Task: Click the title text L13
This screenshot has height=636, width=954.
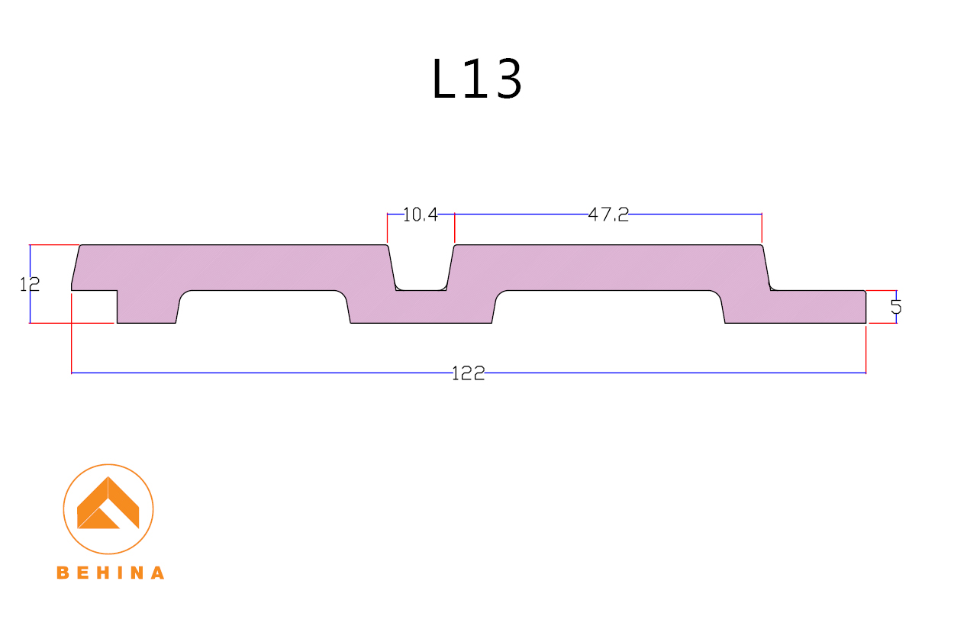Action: click(x=477, y=79)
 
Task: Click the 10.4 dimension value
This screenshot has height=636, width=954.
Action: click(x=420, y=215)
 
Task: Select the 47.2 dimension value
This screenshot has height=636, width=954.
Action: click(x=608, y=215)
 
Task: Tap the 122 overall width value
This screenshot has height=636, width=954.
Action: click(x=468, y=373)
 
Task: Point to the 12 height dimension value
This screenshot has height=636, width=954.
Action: click(x=30, y=285)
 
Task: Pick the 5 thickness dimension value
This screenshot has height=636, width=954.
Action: click(x=896, y=307)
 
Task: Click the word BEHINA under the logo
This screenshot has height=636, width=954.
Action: click(x=110, y=573)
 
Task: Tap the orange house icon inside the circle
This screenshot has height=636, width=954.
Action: click(x=108, y=505)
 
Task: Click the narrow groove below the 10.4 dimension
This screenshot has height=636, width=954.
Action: click(x=421, y=275)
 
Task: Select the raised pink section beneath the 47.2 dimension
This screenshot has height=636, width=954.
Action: click(x=608, y=267)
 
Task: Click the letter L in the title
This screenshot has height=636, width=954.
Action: click(x=445, y=79)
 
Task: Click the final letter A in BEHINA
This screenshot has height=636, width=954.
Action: click(x=156, y=573)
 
